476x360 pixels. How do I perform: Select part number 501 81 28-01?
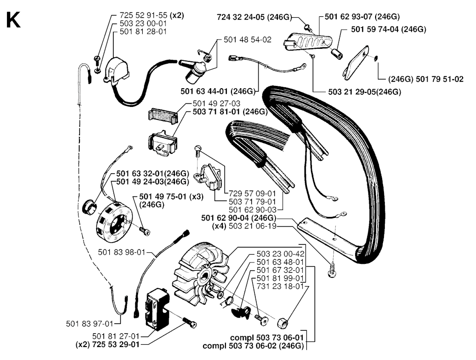143,32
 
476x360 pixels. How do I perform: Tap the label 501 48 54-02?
247,40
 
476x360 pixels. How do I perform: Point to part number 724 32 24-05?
241,17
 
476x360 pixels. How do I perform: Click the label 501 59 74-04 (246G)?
389,29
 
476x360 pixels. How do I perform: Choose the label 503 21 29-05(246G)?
364,92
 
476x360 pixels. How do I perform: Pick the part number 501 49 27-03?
217,104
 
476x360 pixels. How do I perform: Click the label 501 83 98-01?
122,252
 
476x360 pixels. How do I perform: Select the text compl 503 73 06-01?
267,338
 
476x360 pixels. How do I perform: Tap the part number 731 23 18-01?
280,286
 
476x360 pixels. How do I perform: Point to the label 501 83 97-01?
90,324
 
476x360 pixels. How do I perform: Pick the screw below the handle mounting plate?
332,271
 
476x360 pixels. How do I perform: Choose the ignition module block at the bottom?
158,309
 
